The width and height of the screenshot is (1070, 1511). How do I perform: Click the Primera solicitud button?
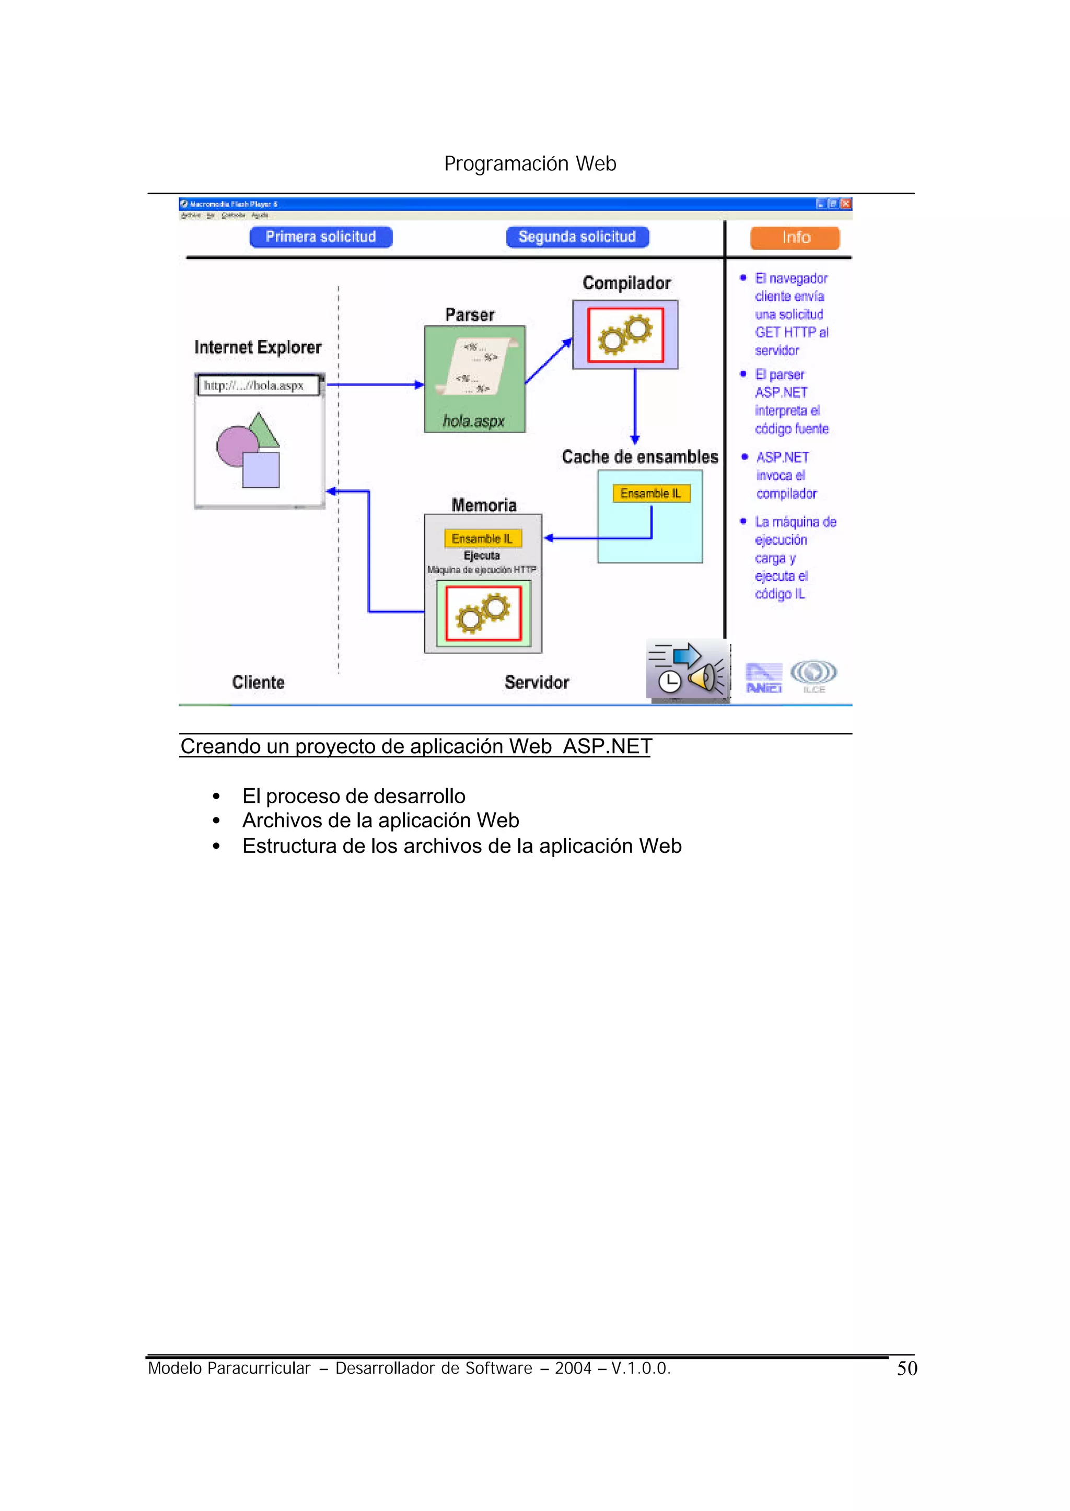pos(321,237)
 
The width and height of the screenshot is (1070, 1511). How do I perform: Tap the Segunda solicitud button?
pos(577,237)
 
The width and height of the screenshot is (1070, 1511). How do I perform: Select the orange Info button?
pos(795,238)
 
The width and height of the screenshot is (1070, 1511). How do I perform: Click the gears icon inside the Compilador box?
pos(625,335)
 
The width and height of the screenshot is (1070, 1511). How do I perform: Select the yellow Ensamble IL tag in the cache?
pos(651,494)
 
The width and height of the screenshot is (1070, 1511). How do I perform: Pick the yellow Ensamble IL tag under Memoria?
pos(482,539)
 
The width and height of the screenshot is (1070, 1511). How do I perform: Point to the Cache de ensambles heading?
pos(640,457)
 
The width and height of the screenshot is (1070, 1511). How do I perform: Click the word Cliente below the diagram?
pos(258,683)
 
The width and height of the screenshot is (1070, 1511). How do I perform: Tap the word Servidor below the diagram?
pos(537,683)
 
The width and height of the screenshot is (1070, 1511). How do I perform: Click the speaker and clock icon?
pos(687,671)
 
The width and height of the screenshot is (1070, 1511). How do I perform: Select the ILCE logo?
pos(813,675)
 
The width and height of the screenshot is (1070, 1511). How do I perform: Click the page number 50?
pos(908,1369)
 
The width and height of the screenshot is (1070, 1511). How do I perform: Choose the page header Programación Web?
pos(530,163)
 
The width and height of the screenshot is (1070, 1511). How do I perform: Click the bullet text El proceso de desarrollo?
pos(354,797)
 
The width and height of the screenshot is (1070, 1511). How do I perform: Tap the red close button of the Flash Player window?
pos(846,204)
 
